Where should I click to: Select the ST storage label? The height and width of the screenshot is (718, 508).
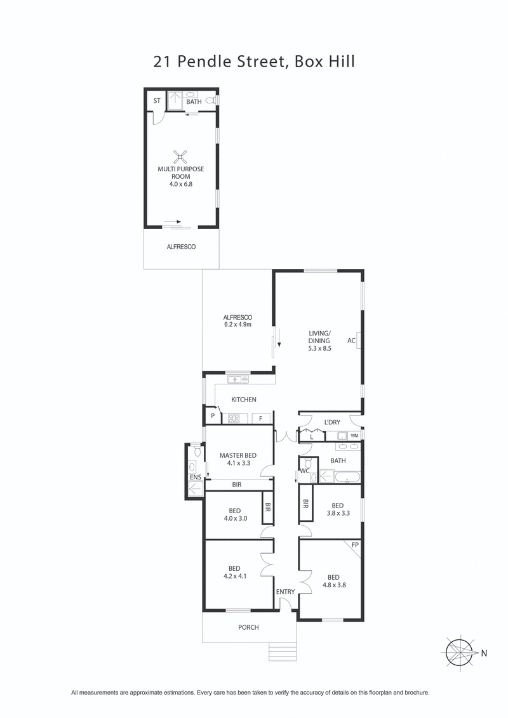point(156,101)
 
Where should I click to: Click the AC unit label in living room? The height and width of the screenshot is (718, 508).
point(351,341)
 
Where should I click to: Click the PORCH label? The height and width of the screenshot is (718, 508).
point(249,627)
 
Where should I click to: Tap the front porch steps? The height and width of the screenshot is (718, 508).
point(283,651)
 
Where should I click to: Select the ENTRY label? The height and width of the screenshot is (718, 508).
point(285,592)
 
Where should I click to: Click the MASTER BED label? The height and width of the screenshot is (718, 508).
point(238,455)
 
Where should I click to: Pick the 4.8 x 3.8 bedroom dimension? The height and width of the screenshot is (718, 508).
point(333,585)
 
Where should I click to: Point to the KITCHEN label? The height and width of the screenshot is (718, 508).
point(243,400)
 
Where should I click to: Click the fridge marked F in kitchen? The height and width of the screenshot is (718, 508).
point(260,419)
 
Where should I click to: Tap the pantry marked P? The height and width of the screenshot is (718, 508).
point(212,417)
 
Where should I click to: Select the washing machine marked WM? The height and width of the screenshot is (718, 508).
point(354,436)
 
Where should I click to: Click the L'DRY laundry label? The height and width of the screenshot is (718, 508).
point(332,422)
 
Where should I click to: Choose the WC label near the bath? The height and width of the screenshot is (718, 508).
point(304,471)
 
